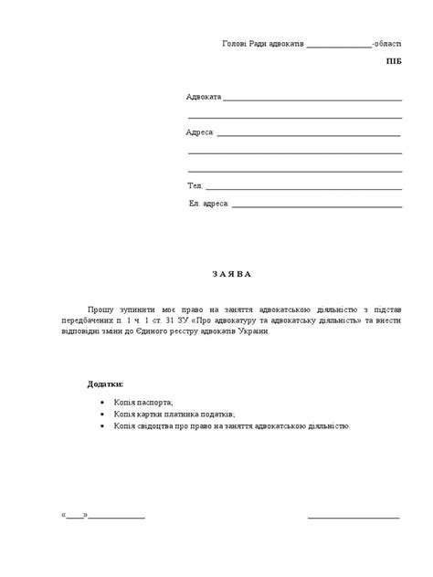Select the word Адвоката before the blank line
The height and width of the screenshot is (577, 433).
coord(203,97)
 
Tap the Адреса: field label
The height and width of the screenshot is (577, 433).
coord(200,133)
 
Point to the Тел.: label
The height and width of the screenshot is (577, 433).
coord(195,186)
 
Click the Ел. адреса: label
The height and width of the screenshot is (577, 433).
coord(209,204)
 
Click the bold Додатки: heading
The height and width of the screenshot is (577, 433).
coord(106,384)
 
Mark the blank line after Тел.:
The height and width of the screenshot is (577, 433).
coord(304,188)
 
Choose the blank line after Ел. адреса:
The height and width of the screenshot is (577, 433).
coord(317,205)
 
